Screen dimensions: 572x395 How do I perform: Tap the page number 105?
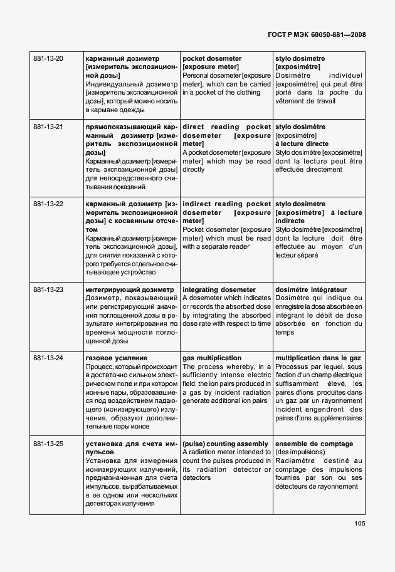[x=359, y=524]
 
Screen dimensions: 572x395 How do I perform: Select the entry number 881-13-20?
[x=48, y=59]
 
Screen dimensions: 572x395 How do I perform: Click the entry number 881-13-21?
[x=48, y=127]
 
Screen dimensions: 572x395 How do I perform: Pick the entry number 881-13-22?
[x=48, y=204]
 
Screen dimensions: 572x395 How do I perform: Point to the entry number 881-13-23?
[x=48, y=290]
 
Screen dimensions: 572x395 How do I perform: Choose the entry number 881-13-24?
[x=48, y=358]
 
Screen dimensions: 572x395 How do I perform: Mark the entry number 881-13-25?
[x=48, y=444]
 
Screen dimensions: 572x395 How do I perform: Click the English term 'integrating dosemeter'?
[x=219, y=290]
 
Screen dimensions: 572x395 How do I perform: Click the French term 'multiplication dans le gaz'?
[x=319, y=358]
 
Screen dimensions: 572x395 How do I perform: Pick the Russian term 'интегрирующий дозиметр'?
[x=129, y=290]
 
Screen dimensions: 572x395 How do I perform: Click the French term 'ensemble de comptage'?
[x=313, y=444]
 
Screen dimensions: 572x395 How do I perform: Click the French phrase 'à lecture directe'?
[x=302, y=144]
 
